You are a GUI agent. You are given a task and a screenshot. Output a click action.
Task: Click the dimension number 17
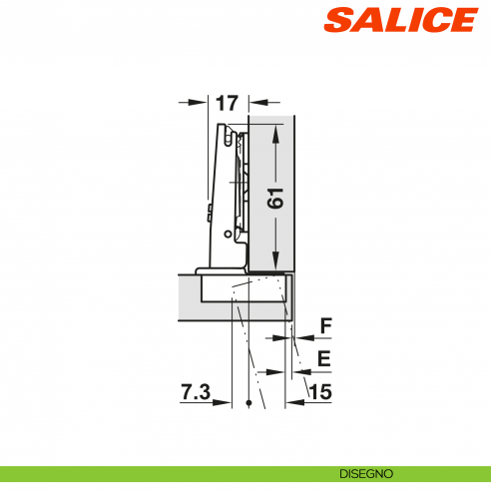pos(225,102)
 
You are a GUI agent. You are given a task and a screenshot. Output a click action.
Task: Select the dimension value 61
pos(276,197)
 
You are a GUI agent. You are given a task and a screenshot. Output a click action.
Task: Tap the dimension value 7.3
pos(197,393)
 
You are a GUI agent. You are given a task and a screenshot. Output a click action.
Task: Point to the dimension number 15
pos(320,393)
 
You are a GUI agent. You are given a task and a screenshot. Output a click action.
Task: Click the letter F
pos(324,325)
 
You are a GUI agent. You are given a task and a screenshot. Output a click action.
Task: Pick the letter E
pos(324,358)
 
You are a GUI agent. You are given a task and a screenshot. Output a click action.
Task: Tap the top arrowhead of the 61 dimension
pos(275,129)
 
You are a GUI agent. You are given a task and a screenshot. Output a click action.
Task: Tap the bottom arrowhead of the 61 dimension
pos(275,263)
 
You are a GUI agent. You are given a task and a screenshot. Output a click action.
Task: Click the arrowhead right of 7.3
pos(241,401)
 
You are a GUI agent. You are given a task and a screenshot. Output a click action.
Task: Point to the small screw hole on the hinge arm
pos(230,234)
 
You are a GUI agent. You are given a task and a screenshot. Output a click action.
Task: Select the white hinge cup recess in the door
pos(245,290)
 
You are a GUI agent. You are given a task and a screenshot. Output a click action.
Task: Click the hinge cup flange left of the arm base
pos(203,270)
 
